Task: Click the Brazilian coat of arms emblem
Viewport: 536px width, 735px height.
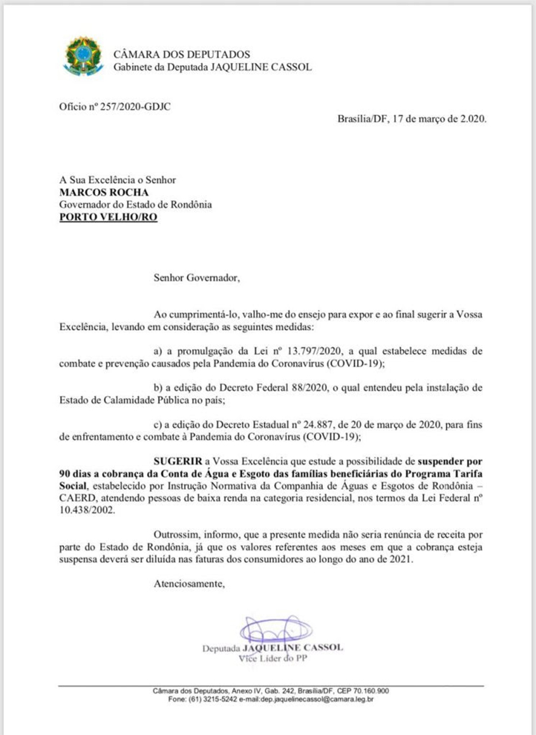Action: pyautogui.click(x=79, y=56)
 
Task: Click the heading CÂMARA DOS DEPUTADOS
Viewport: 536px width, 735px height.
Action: pyautogui.click(x=181, y=54)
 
